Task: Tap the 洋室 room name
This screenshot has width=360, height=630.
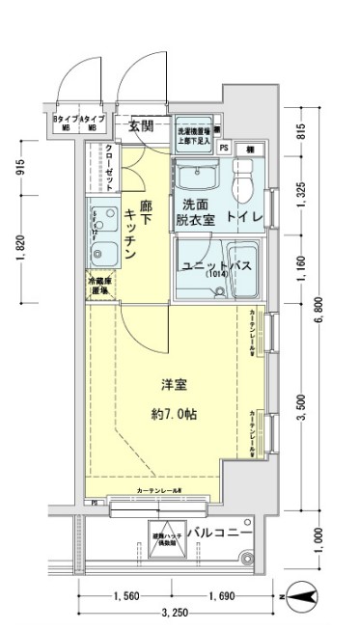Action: pyautogui.click(x=175, y=384)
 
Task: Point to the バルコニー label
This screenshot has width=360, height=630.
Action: pyautogui.click(x=220, y=533)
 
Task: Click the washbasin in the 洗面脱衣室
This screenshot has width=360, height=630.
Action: pyautogui.click(x=196, y=177)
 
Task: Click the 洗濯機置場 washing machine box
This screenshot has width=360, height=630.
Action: pyautogui.click(x=194, y=136)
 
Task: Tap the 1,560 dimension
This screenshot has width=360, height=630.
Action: pyautogui.click(x=127, y=595)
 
